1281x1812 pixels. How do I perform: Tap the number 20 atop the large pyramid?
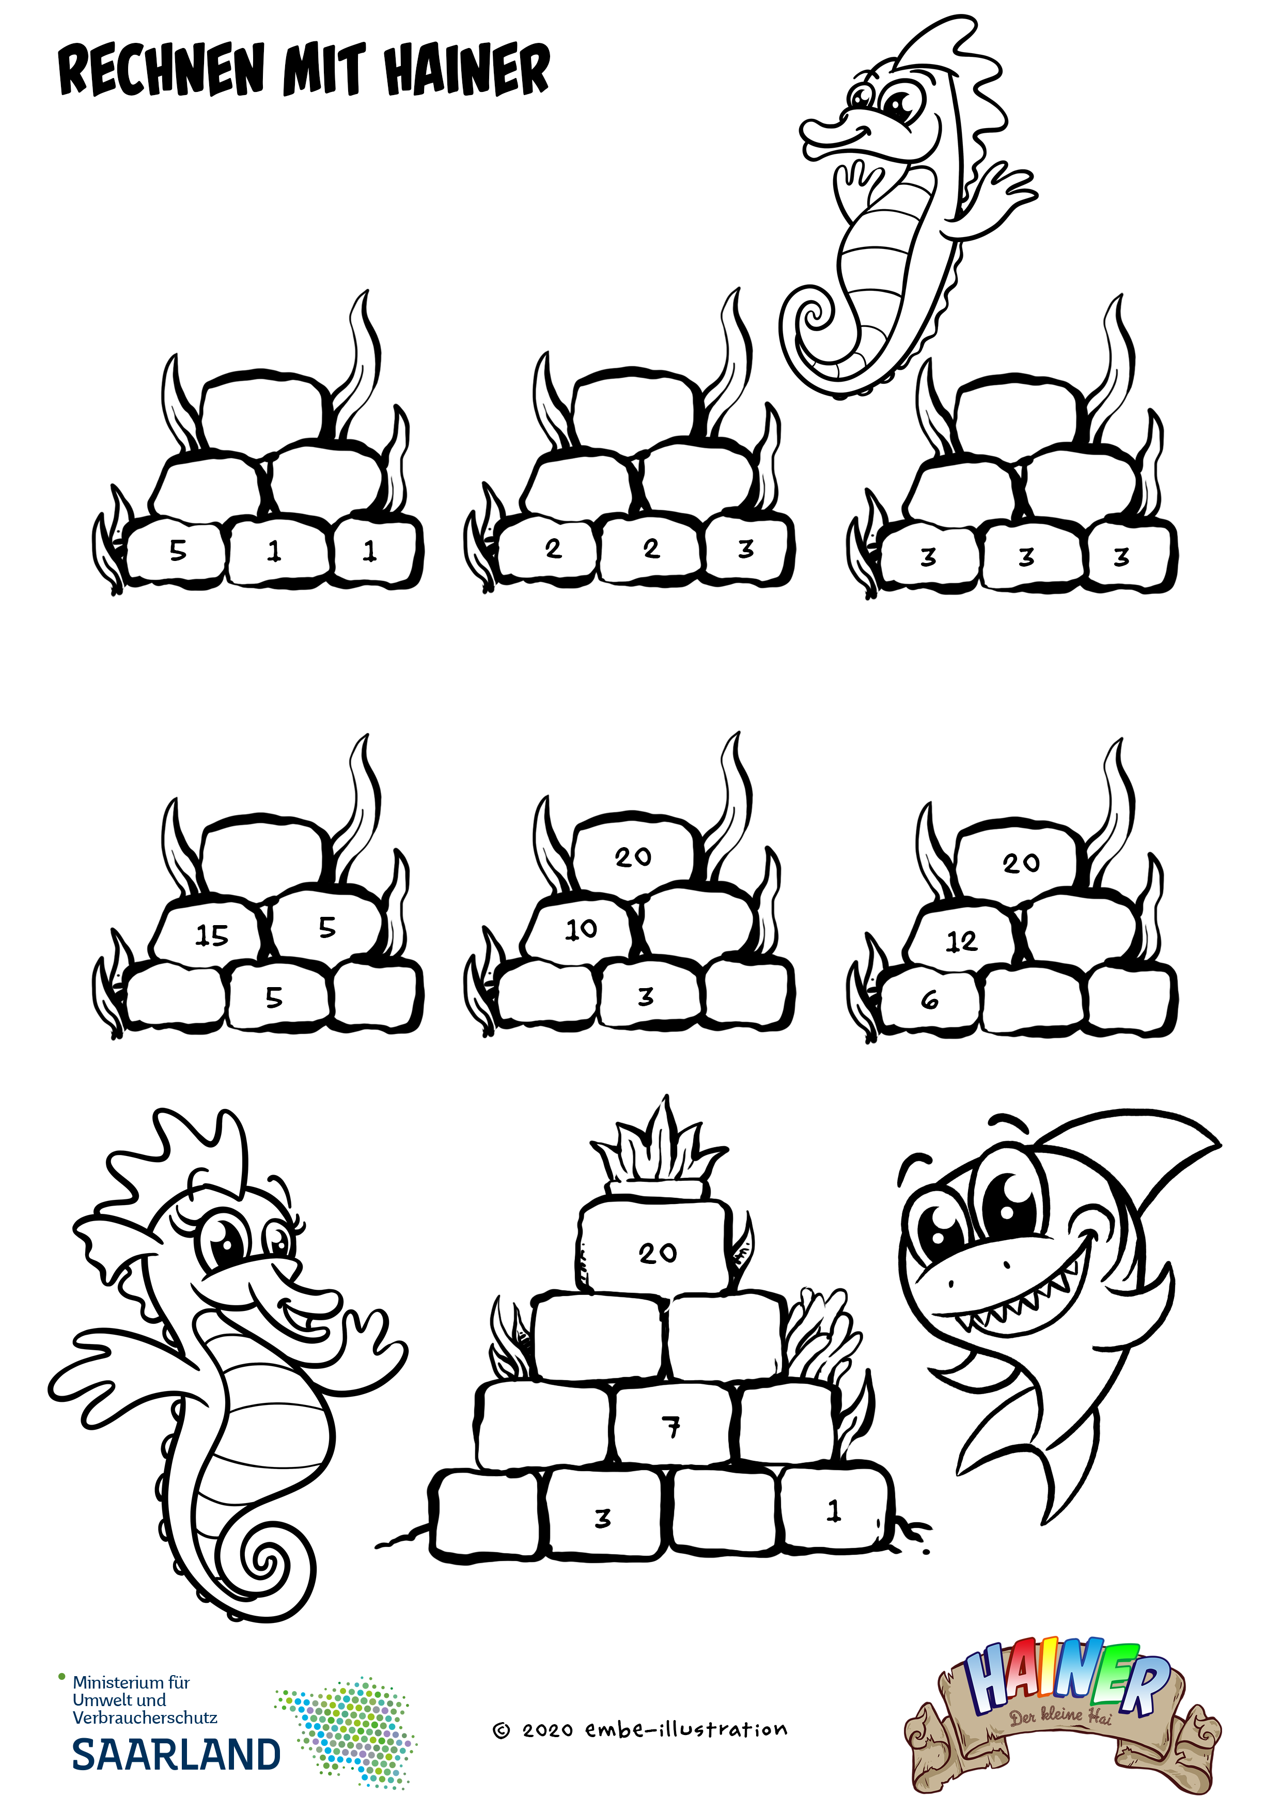[658, 1253]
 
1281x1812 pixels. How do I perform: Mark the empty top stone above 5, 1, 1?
[263, 409]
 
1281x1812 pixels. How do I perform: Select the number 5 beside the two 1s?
[178, 550]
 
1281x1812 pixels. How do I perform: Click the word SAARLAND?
[176, 1754]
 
